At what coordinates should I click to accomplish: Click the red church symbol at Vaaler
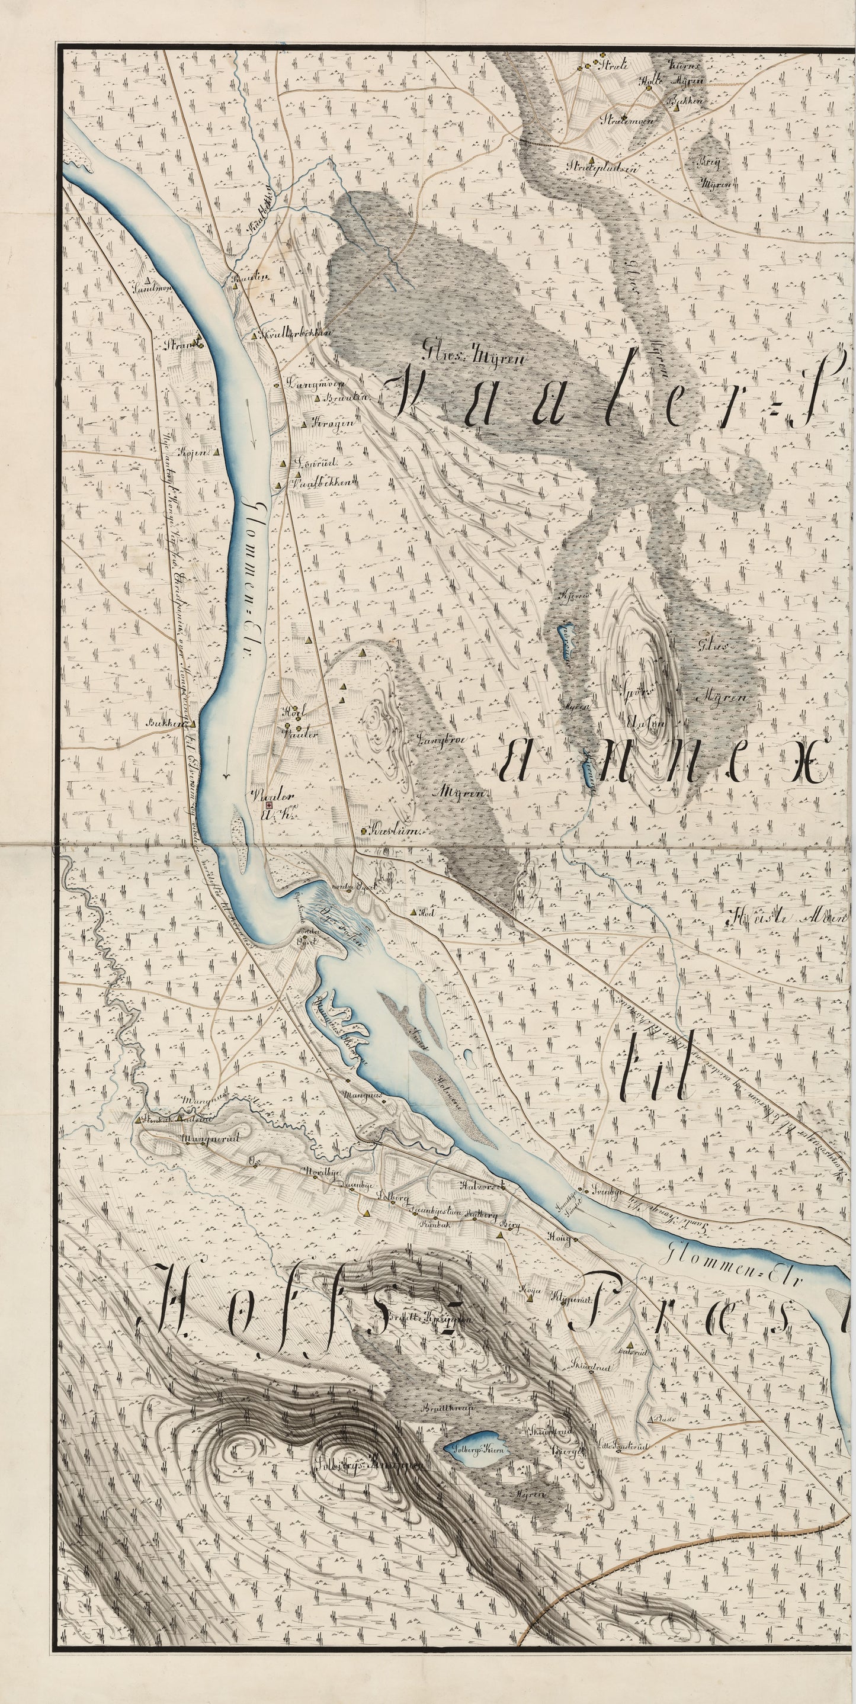[x=269, y=806]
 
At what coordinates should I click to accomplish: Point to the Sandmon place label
[x=152, y=288]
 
